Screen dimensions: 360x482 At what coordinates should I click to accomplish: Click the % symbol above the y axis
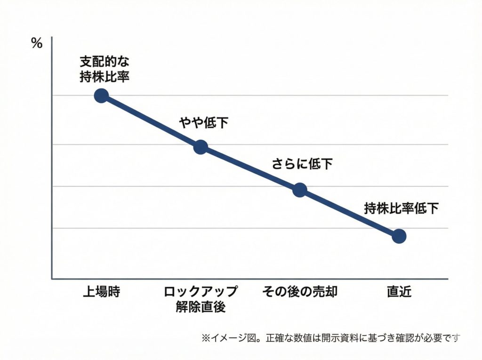(37, 44)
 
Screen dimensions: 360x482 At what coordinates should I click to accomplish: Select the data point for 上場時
(101, 96)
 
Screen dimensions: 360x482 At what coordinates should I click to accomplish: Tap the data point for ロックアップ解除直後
(201, 147)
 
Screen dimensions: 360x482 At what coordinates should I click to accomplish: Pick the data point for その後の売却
(300, 190)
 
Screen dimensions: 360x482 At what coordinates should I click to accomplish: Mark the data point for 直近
(399, 236)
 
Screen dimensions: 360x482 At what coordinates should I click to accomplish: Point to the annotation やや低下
(204, 123)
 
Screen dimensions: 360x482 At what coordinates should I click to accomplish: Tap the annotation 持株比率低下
(402, 208)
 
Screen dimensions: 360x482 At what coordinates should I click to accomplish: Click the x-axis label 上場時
(102, 292)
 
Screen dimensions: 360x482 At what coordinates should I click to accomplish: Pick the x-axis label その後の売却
(300, 292)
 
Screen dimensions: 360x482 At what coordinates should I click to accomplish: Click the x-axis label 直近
(399, 292)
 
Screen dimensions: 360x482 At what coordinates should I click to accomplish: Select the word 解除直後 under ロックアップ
(201, 307)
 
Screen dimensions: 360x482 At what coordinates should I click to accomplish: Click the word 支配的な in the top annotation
(104, 62)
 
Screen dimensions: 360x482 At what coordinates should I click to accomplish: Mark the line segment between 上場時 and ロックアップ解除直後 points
(151, 121)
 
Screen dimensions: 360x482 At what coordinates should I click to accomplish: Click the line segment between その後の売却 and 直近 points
(349, 213)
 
